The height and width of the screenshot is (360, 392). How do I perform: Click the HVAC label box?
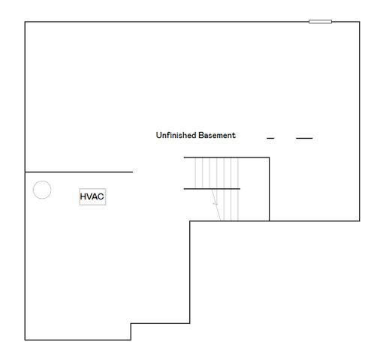(92, 197)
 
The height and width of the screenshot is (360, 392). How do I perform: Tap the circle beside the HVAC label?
(42, 190)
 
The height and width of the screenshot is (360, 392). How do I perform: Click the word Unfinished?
(176, 136)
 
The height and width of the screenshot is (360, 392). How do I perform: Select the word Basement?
(217, 136)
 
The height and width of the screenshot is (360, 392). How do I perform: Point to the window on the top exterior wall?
(321, 21)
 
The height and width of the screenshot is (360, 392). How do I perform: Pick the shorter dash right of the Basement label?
(270, 139)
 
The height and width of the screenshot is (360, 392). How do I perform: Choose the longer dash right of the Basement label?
(304, 139)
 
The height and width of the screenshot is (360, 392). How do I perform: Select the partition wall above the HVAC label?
(79, 172)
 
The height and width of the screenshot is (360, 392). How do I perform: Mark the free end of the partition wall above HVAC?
(132, 172)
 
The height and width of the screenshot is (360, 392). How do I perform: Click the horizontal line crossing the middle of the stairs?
(212, 189)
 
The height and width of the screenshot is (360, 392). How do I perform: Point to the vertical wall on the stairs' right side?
(270, 189)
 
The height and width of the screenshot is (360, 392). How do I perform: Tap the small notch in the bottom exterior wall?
(131, 331)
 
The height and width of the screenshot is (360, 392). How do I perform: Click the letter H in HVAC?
(83, 197)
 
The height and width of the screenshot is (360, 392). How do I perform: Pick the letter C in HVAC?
(101, 197)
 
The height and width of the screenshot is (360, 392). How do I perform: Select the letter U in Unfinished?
(158, 136)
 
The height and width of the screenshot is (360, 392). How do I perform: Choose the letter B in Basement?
(201, 136)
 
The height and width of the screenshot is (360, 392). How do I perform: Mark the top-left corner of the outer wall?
(26, 22)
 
